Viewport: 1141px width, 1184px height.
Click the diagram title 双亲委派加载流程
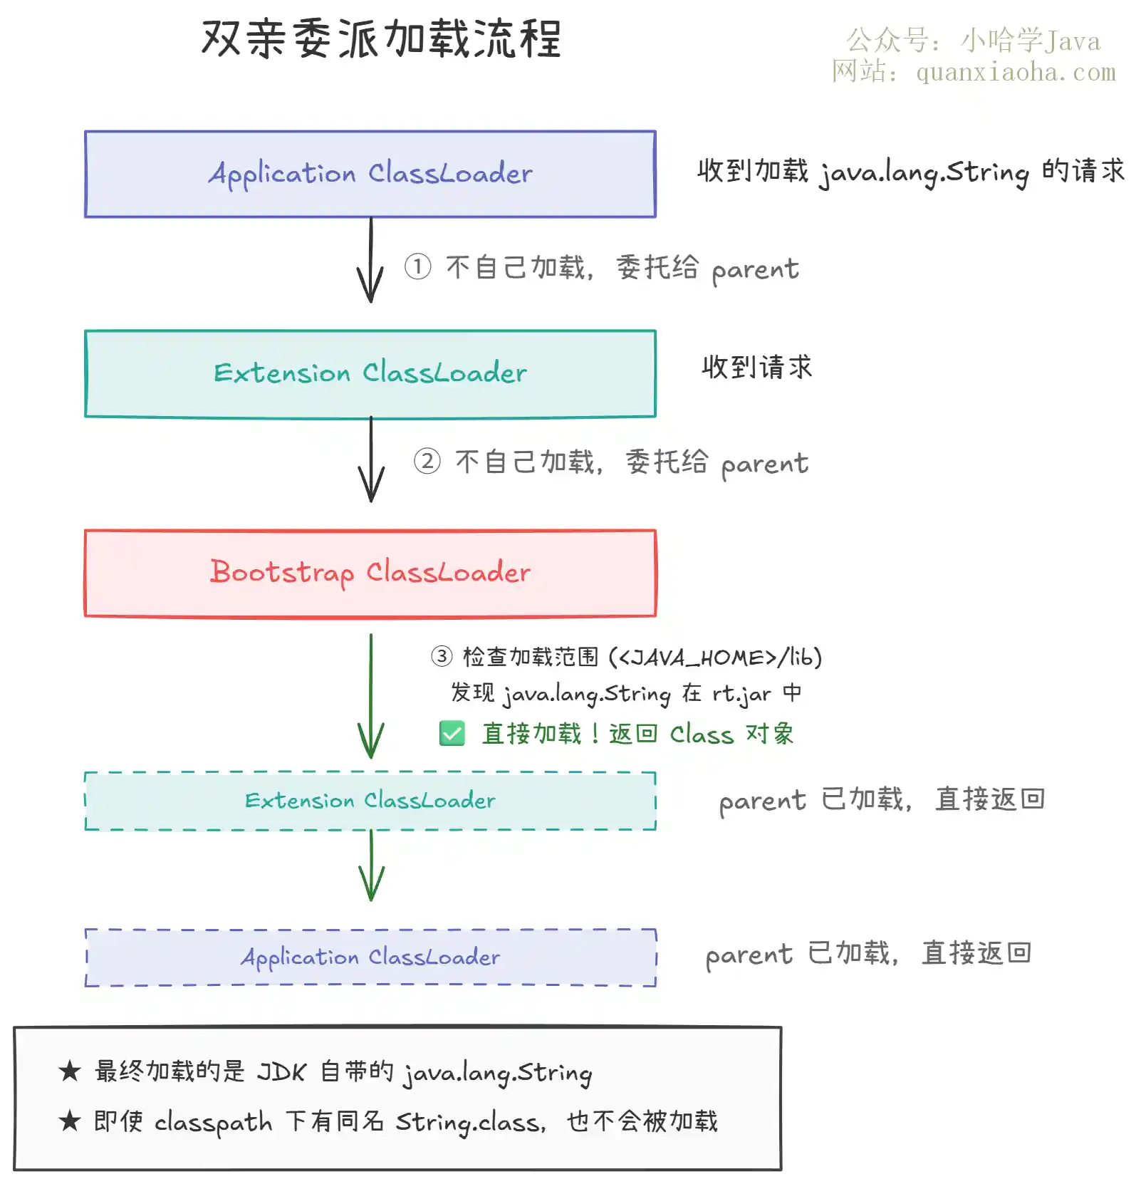(x=382, y=38)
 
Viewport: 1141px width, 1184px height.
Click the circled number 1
(x=418, y=267)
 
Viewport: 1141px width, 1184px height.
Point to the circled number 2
(x=427, y=461)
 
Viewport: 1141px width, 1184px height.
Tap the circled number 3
(x=442, y=655)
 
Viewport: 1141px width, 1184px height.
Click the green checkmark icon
(x=452, y=733)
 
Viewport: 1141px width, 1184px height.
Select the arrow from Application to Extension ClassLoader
(x=370, y=260)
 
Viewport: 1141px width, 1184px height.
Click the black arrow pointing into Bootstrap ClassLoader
(x=371, y=459)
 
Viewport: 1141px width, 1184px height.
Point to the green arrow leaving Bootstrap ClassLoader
(x=371, y=696)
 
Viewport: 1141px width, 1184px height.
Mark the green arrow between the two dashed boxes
(x=371, y=866)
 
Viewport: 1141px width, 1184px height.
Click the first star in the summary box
(x=70, y=1070)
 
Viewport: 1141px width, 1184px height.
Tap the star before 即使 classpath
(x=70, y=1121)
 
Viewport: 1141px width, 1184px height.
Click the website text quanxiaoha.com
(x=1016, y=72)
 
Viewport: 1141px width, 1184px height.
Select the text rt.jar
(x=741, y=694)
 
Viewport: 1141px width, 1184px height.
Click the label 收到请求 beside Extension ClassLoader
(x=757, y=368)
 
